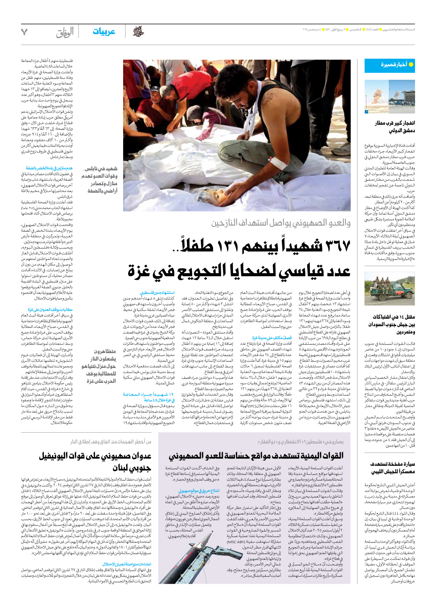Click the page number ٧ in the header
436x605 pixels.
tap(24, 32)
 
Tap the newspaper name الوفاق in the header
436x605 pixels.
tap(65, 32)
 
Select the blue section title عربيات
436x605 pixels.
tap(104, 32)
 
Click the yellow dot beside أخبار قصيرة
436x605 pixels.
tap(411, 65)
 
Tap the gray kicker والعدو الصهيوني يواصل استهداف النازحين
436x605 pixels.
tap(281, 223)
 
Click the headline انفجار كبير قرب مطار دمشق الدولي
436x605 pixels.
tap(394, 127)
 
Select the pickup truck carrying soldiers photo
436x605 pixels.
tap(390, 289)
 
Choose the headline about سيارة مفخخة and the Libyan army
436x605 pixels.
tap(392, 468)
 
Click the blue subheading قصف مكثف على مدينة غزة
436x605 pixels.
tap(272, 338)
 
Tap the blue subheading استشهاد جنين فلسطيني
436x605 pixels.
tap(157, 293)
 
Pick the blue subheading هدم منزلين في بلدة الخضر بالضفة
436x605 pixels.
tap(49, 168)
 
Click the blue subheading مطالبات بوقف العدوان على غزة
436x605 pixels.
tap(50, 309)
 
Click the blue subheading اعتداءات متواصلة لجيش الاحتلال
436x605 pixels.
tap(127, 564)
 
